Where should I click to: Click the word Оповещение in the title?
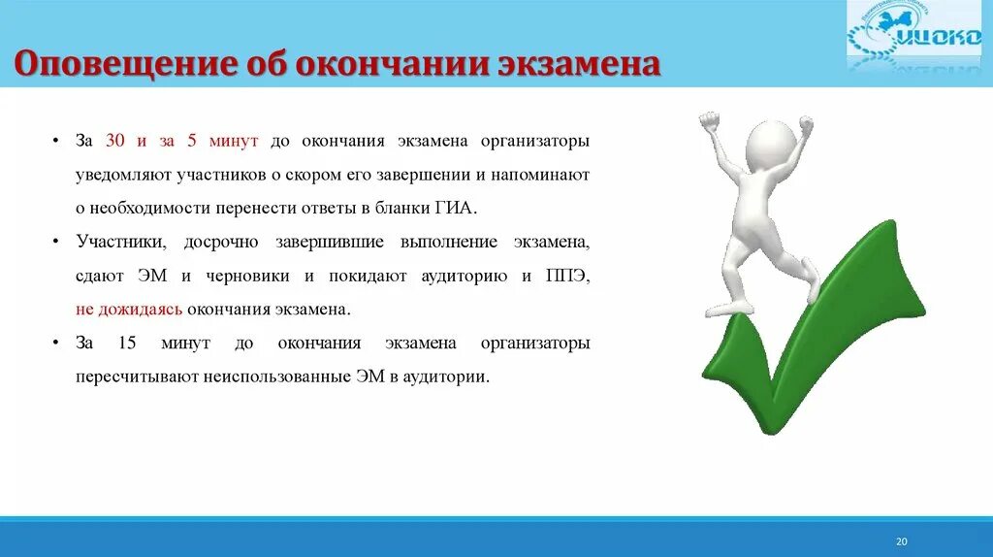tap(124, 65)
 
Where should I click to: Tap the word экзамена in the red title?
tap(579, 64)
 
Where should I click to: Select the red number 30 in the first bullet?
tap(114, 140)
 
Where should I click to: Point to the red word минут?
tap(234, 141)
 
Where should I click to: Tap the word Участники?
tap(121, 242)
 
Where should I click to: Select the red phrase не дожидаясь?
tap(129, 310)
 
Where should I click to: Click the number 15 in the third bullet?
tap(127, 343)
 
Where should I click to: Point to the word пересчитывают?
tap(137, 377)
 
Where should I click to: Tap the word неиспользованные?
tap(276, 377)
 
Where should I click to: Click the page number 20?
tap(901, 541)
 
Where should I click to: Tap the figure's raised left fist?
tap(710, 119)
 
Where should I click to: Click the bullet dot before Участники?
tap(55, 242)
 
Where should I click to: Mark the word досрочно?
tap(221, 242)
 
